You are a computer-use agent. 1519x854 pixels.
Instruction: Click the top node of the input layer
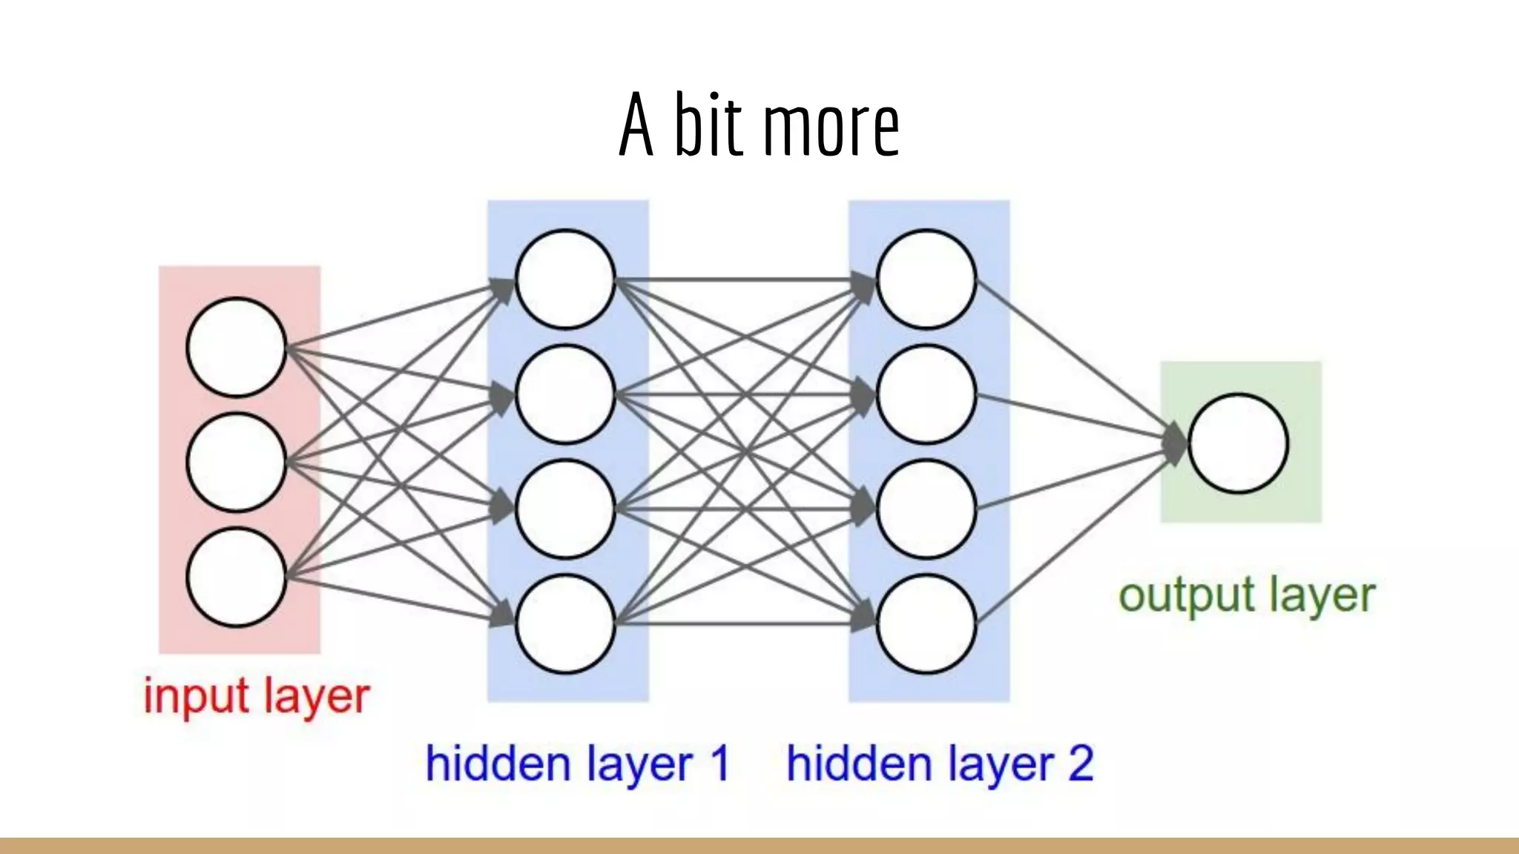click(x=237, y=347)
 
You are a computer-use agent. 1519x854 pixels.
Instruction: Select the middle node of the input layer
click(x=237, y=462)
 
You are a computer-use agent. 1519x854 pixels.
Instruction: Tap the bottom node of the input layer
click(x=237, y=577)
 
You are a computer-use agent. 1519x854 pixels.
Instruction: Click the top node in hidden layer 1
click(x=565, y=279)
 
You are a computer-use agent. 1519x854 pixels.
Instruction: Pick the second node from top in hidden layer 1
click(x=565, y=394)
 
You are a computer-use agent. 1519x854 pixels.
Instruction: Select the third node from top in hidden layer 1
click(x=565, y=509)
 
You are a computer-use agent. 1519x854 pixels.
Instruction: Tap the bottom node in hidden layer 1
click(x=565, y=623)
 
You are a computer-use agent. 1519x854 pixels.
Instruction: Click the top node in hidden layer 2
click(x=926, y=279)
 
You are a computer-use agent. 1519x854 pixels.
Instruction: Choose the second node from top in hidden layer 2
click(x=926, y=394)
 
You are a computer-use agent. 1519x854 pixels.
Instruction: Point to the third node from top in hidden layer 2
click(x=926, y=509)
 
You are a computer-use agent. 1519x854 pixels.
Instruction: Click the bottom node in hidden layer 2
click(x=926, y=623)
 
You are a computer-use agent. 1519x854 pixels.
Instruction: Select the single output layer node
click(x=1238, y=443)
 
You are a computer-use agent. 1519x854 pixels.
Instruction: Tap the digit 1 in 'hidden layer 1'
click(x=719, y=764)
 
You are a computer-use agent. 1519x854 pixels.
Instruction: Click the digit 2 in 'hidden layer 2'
click(x=1081, y=764)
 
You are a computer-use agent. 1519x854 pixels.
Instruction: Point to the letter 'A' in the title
click(x=636, y=126)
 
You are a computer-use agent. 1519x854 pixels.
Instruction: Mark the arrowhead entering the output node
click(x=1176, y=443)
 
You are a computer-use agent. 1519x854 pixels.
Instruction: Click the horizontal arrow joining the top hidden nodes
click(x=742, y=280)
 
